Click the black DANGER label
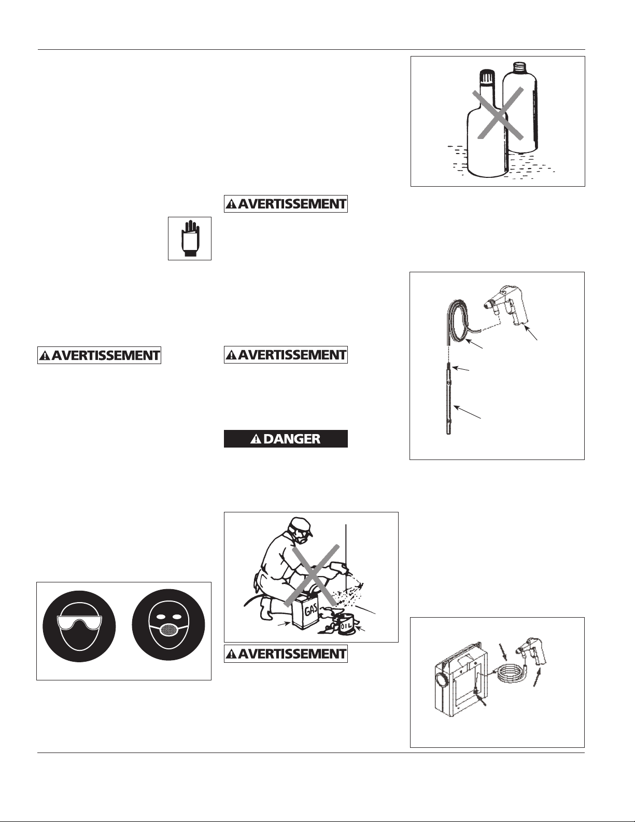tap(286, 439)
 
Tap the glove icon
tap(190, 239)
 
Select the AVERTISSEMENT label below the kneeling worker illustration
tap(286, 654)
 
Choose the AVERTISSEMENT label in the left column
tap(99, 355)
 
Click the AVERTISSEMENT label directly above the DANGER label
tap(286, 355)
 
